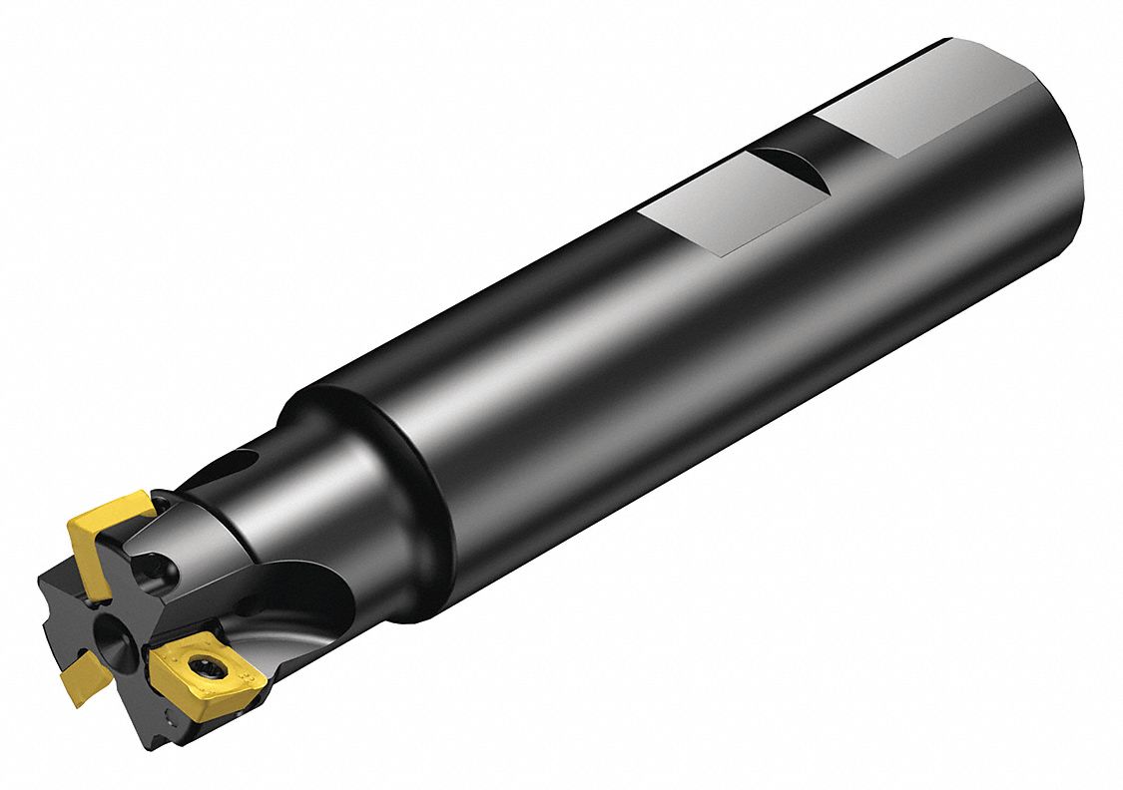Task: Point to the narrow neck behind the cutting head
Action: [x=250, y=519]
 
